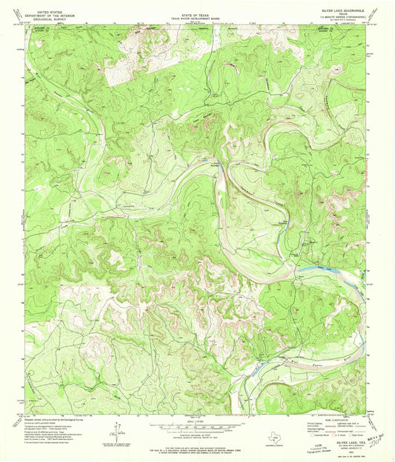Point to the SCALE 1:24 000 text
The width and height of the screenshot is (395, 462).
pyautogui.click(x=196, y=421)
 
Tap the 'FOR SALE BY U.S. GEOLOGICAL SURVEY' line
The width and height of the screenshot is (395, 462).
pyautogui.click(x=196, y=449)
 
